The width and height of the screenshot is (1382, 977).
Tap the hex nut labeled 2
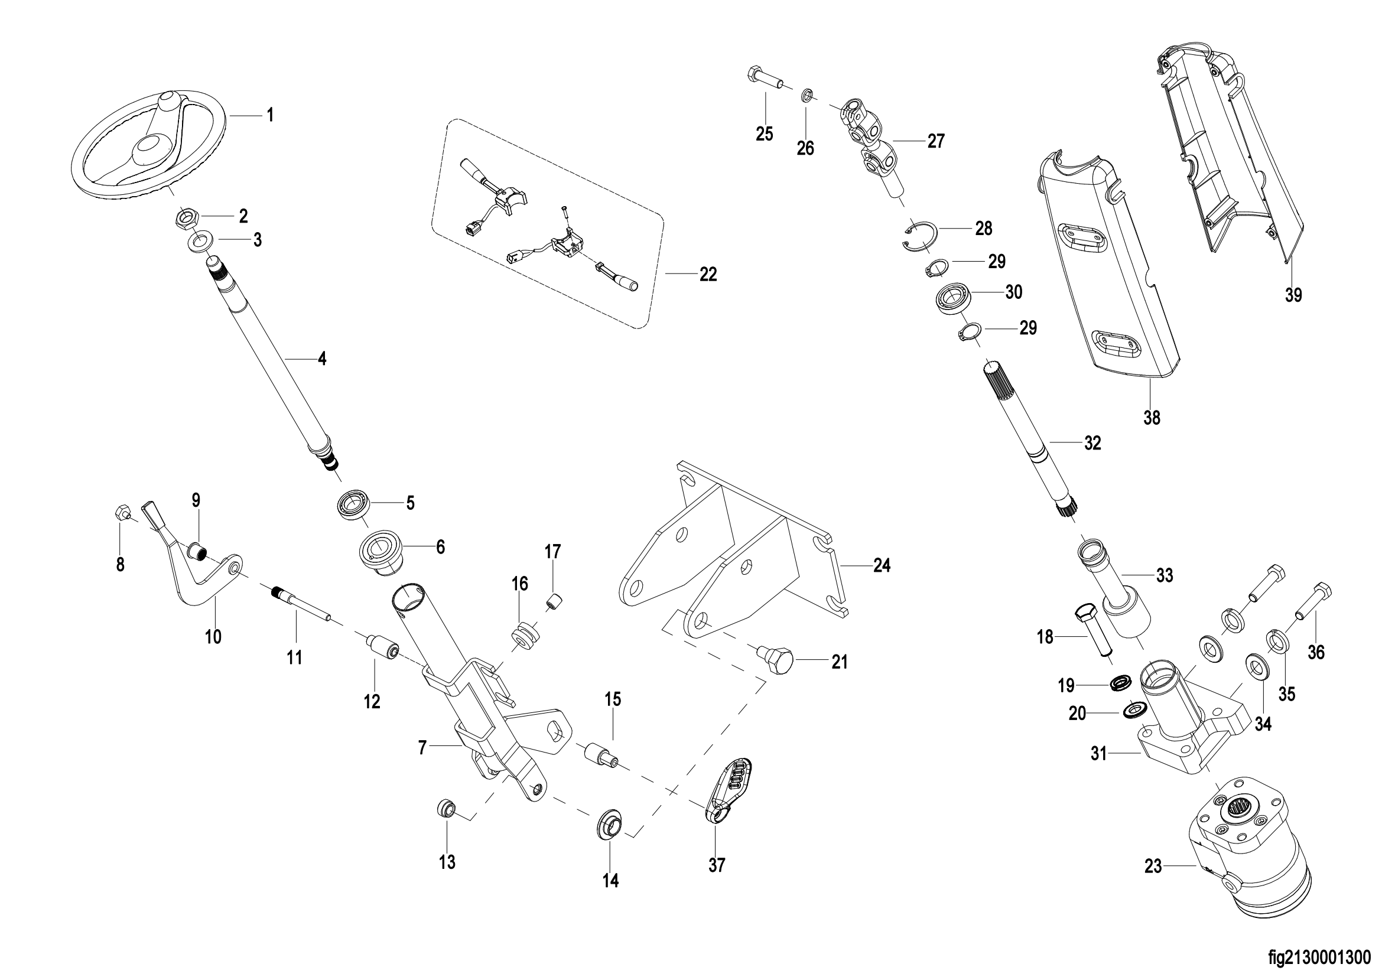coord(184,217)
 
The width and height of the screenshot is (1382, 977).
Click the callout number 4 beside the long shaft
coord(323,359)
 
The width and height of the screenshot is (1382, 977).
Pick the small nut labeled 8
coord(121,513)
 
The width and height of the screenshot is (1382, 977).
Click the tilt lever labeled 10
coord(193,562)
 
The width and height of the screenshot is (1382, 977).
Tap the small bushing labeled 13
coord(446,807)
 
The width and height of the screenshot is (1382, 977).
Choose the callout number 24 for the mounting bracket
coord(882,565)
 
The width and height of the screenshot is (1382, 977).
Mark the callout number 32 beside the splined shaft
coord(1092,444)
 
